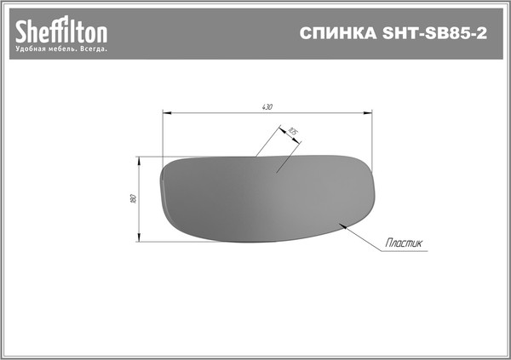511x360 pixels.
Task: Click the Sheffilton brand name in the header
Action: (61, 32)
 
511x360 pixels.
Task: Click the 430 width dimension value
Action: (267, 106)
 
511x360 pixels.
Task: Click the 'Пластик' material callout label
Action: (404, 243)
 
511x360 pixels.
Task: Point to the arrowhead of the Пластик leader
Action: (341, 225)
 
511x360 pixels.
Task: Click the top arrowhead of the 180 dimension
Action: (139, 159)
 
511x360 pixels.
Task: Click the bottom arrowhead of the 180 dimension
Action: (139, 239)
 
